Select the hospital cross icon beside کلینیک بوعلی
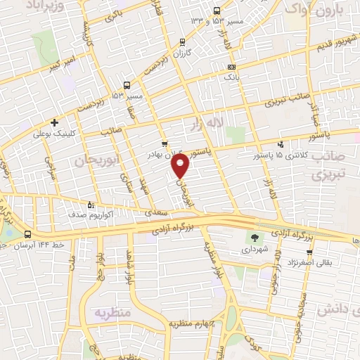54,122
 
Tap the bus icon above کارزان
183,42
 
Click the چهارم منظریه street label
191,324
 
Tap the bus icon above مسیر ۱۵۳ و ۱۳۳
216,11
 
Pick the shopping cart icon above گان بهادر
165,143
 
